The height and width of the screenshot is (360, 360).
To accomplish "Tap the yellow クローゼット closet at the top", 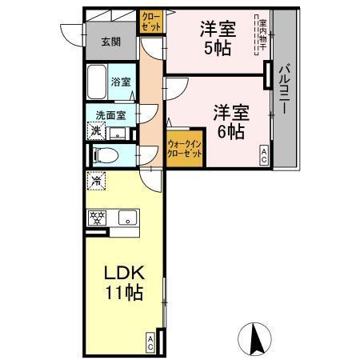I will click(150, 21).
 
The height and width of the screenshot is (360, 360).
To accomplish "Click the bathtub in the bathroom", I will click(98, 82).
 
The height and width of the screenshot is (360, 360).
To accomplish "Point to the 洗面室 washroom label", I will click(110, 114).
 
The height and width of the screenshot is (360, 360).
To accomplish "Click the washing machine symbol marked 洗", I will click(96, 130).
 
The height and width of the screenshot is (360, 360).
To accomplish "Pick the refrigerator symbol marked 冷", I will click(95, 181).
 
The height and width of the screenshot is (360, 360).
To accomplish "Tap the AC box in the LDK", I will click(150, 342).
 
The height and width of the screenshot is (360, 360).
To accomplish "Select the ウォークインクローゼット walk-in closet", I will click(185, 150).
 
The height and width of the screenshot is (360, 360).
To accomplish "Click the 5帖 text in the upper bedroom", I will click(217, 48).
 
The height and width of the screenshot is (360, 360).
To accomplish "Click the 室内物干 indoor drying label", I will click(262, 37).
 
